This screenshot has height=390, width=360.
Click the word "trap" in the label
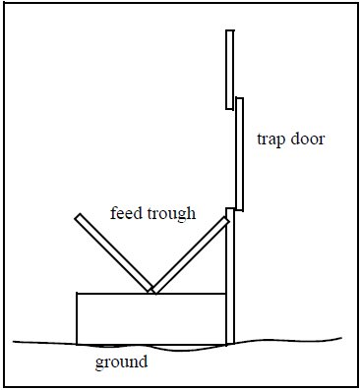(270, 139)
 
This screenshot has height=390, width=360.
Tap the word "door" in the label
(305, 139)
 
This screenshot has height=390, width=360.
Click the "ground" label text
(121, 362)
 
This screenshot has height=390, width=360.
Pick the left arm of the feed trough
(112, 251)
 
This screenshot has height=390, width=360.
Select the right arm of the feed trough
(190, 254)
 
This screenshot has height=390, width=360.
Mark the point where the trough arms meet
(151, 291)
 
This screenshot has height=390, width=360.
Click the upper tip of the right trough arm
(227, 220)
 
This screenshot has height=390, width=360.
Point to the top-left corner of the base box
(78, 293)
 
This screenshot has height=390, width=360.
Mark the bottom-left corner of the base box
(78, 343)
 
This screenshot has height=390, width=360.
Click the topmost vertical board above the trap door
(229, 69)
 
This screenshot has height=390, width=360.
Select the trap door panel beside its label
(238, 157)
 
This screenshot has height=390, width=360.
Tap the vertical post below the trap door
(230, 285)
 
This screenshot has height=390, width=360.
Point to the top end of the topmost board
(229, 31)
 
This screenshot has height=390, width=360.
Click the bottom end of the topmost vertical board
(229, 106)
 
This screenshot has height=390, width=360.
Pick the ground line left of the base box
(44, 342)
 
